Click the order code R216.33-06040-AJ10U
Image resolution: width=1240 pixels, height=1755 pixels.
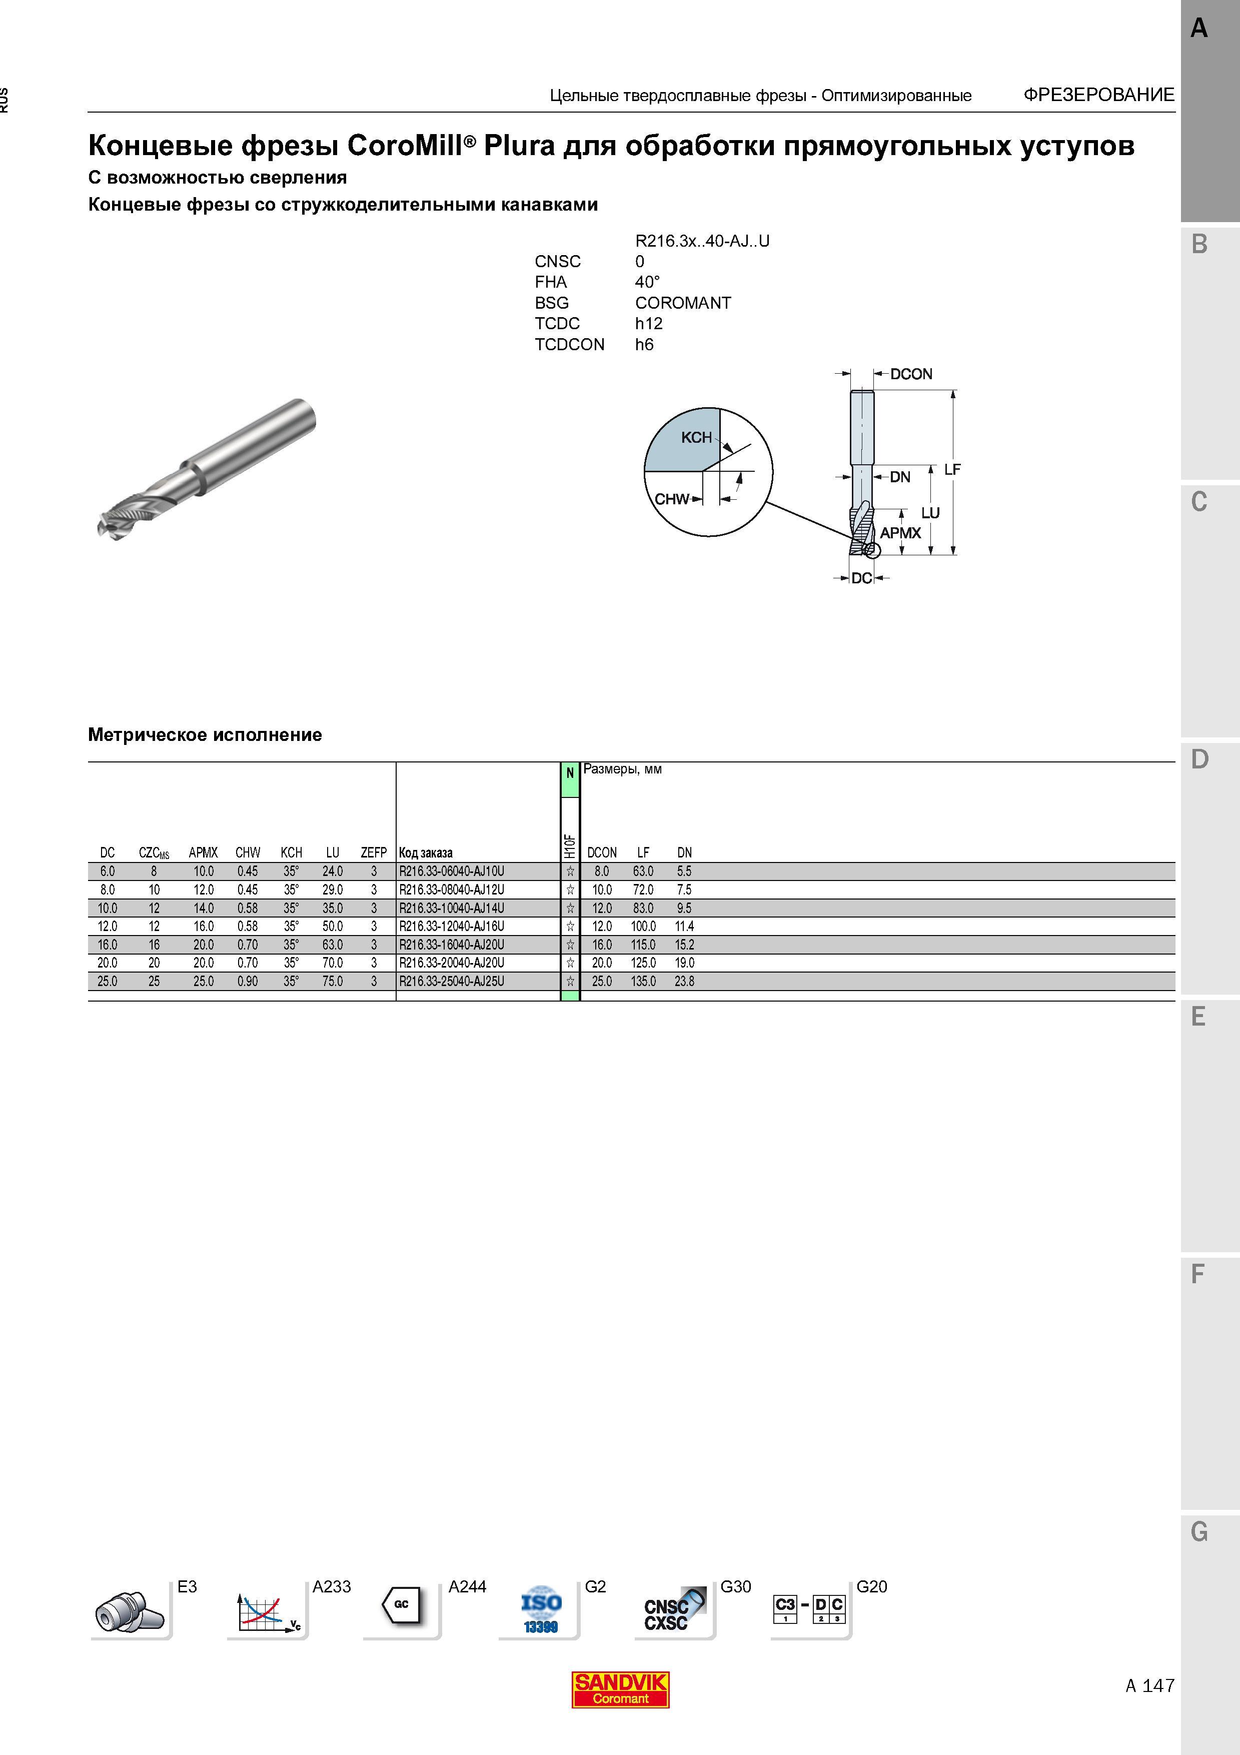click(452, 871)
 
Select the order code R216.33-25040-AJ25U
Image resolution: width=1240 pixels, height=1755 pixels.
click(452, 982)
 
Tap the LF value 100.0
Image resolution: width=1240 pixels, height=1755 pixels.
click(643, 927)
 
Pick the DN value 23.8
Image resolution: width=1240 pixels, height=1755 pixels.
click(685, 982)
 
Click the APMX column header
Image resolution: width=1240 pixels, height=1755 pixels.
click(203, 852)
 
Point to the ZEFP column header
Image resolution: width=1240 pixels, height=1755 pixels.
click(374, 852)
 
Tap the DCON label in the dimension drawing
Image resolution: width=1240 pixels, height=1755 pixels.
click(911, 374)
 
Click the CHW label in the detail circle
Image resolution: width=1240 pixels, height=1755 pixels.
click(672, 499)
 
